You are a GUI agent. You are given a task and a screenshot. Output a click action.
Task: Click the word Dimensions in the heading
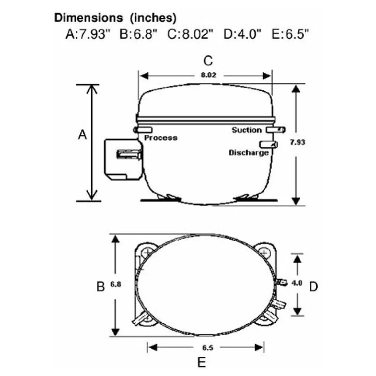tap(88, 18)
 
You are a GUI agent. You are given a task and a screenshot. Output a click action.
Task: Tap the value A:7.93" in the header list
tap(87, 34)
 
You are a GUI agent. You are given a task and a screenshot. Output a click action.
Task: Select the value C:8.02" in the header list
tap(190, 34)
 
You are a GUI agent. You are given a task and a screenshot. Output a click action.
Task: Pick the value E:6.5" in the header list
tap(290, 34)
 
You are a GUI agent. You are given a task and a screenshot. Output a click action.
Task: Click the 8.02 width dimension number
tap(209, 75)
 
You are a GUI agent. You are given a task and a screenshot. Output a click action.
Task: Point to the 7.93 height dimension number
tap(298, 142)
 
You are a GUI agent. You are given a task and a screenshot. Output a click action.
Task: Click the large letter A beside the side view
tap(83, 134)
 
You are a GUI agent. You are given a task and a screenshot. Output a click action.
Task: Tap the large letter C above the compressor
tap(208, 61)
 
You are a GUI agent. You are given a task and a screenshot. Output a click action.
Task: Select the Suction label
tap(247, 130)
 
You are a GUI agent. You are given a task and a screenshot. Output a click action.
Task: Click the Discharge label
tap(249, 153)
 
